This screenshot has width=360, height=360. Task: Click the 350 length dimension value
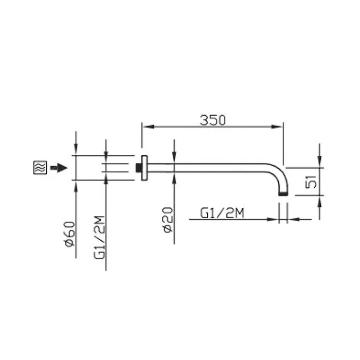213,120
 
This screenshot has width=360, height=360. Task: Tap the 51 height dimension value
311,182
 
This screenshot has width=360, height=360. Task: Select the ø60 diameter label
70,234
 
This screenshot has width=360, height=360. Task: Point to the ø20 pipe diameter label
168,220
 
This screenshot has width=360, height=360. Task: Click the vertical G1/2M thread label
99,238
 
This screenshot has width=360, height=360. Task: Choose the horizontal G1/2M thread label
222,213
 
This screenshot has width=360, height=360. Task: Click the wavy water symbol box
40,167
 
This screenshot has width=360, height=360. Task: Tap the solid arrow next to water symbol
59,168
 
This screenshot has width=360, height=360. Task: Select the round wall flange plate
144,168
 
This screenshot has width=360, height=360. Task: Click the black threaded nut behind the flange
139,168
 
